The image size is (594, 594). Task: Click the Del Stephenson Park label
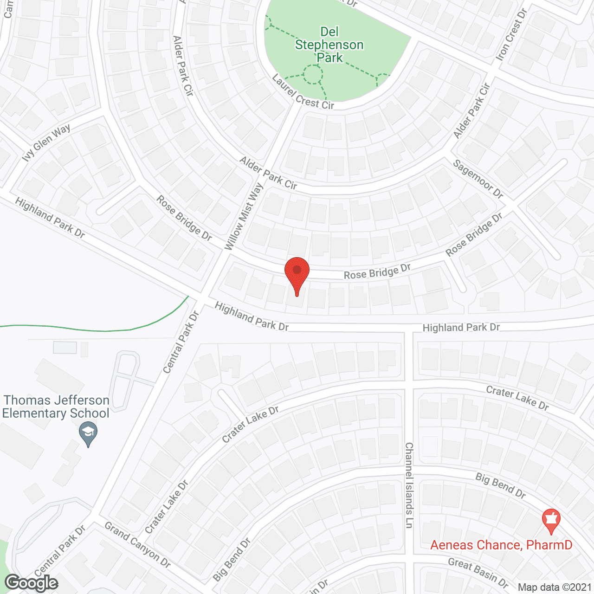point(329,45)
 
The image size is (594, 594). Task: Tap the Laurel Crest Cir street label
point(303,92)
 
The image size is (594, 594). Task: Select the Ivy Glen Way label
point(46,143)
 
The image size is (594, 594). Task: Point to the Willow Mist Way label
point(244,217)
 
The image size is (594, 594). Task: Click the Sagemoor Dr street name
point(478,179)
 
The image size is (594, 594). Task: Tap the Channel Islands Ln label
point(409,484)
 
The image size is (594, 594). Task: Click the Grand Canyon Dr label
point(137,544)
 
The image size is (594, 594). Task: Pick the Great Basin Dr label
point(478,573)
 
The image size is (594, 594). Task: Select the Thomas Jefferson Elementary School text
point(56,407)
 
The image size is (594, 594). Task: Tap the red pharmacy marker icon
point(551,520)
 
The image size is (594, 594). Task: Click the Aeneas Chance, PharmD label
point(501,545)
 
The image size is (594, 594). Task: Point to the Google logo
point(31,582)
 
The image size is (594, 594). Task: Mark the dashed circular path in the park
point(313,74)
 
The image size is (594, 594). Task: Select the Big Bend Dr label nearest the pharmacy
point(500,485)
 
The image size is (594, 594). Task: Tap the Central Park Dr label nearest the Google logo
point(60,550)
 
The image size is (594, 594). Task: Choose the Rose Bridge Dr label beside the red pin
point(377,272)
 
